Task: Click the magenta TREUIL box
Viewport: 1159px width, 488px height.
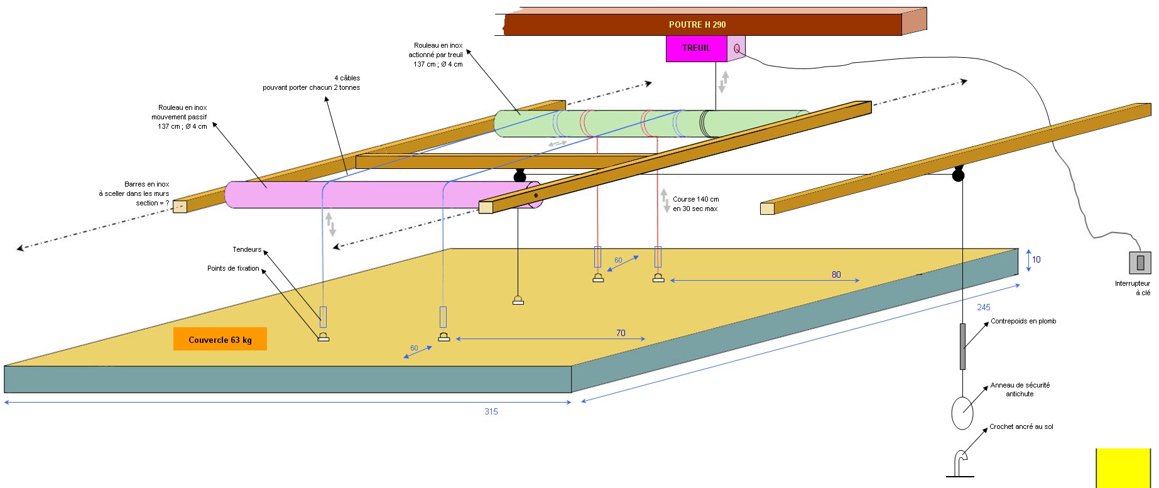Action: pos(697,48)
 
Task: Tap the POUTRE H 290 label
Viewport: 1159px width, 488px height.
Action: pos(697,24)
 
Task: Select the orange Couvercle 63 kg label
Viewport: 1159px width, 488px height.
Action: pos(220,339)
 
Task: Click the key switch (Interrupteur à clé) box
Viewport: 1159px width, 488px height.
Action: pos(1140,263)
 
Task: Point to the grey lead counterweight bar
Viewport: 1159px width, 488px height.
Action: pos(962,346)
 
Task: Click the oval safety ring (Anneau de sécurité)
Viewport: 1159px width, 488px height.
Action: pos(962,413)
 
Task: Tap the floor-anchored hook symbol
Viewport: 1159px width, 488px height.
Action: pos(960,465)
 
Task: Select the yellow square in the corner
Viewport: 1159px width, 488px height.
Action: pos(1123,468)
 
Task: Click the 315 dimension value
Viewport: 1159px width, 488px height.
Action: pos(491,411)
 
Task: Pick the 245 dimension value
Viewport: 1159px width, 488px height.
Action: pos(984,307)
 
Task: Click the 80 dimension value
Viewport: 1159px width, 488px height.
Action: pos(836,274)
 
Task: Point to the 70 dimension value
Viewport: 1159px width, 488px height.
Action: pos(621,333)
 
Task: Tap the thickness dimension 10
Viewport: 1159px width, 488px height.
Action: pos(1037,259)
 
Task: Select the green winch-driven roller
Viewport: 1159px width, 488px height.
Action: pos(650,123)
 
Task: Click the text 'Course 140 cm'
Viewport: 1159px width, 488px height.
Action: pos(696,199)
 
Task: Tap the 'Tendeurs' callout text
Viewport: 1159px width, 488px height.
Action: pos(247,249)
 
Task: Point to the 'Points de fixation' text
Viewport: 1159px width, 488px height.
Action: pos(233,268)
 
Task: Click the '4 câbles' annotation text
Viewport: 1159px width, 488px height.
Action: pos(347,78)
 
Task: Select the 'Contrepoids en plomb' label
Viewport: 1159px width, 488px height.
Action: pos(1023,321)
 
